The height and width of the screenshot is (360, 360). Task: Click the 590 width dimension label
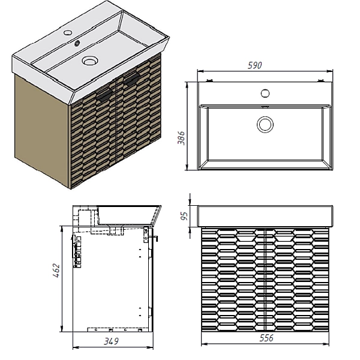(x=254, y=65)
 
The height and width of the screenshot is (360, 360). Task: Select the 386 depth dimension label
(x=181, y=138)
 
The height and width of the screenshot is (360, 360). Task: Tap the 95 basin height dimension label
(x=184, y=216)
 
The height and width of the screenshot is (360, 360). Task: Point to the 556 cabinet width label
(x=266, y=338)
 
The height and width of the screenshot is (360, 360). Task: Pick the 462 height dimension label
(x=56, y=271)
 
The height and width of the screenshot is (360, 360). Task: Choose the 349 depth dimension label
(x=112, y=341)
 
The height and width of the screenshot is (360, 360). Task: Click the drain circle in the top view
(x=265, y=124)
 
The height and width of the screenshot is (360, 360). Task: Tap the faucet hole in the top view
(x=265, y=93)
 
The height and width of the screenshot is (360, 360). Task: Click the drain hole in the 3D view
(x=90, y=60)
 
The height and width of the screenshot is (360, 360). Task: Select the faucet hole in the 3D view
(x=68, y=32)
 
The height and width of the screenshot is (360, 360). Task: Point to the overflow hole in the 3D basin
(x=77, y=43)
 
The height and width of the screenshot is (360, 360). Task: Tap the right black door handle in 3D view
(x=131, y=79)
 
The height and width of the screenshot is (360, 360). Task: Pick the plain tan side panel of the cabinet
(x=41, y=130)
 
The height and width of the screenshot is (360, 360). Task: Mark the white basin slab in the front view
(x=265, y=216)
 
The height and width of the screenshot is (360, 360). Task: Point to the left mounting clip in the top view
(x=209, y=80)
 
